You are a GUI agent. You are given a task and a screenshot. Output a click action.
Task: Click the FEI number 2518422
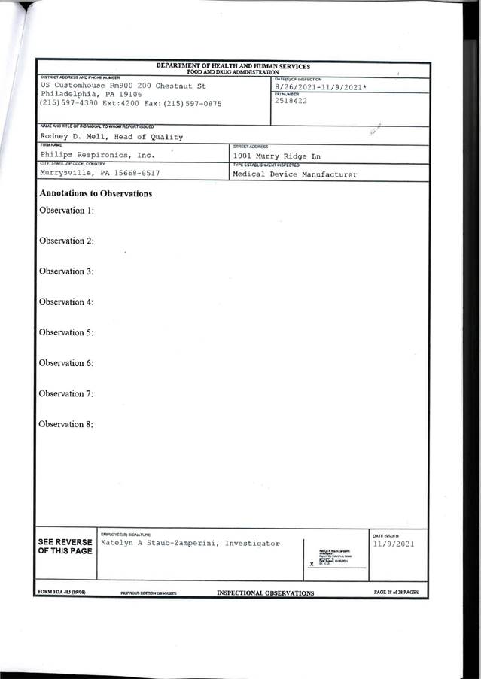pos(291,100)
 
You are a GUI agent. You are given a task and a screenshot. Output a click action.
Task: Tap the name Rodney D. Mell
pos(74,137)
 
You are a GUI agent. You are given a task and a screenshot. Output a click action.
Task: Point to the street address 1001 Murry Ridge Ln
pos(279,156)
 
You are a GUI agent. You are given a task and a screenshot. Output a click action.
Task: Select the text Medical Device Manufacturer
pos(294,174)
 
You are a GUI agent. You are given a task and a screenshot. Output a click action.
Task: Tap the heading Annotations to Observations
pos(96,193)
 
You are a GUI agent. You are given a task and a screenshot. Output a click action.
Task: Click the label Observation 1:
pos(66,210)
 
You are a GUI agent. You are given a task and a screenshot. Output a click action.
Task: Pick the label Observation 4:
pos(66,302)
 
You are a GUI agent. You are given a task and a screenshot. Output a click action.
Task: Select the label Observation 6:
pos(66,363)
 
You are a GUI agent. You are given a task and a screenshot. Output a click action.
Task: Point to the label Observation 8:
pos(66,424)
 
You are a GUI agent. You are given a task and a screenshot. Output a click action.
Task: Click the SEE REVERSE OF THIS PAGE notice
pos(65,547)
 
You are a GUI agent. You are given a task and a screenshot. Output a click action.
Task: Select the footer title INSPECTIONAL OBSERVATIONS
pos(265,593)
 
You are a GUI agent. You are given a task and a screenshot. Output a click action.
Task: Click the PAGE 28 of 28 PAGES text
pos(396,593)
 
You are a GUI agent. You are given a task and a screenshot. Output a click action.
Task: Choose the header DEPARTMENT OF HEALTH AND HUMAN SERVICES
pos(233,66)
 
